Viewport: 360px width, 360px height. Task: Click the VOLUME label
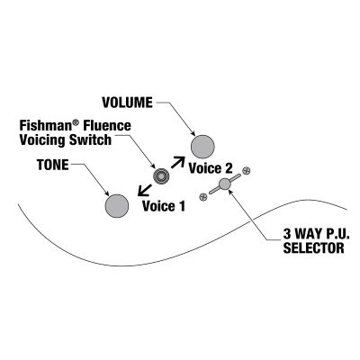(x=127, y=103)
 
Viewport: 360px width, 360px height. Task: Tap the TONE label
(x=53, y=165)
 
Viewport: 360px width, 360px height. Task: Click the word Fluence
(x=107, y=126)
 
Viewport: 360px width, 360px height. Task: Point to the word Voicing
(x=42, y=140)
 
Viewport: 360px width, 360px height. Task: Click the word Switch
(x=90, y=140)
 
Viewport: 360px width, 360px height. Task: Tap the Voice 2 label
(x=211, y=168)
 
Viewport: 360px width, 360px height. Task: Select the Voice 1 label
(x=164, y=206)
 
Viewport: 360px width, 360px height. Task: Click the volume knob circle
(x=202, y=147)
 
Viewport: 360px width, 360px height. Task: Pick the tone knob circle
(x=117, y=206)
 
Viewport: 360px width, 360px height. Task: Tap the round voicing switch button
(x=160, y=176)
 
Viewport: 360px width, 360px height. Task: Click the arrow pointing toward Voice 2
(x=178, y=162)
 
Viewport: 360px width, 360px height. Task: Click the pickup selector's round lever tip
(x=225, y=184)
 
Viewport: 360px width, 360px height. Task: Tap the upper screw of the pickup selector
(x=247, y=170)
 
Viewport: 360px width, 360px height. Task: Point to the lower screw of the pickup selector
(x=203, y=197)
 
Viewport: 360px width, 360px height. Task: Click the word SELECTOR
(x=313, y=248)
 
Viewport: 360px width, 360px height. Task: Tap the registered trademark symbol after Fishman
(x=76, y=122)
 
